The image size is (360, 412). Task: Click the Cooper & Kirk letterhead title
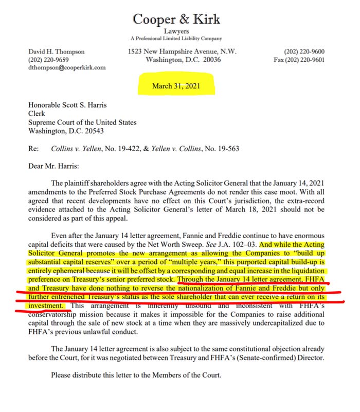click(x=176, y=20)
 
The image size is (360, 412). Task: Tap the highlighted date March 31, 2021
click(x=176, y=86)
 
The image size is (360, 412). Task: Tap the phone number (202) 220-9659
click(x=48, y=60)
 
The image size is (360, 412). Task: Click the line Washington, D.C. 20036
click(x=176, y=60)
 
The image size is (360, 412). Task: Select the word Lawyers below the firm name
click(x=176, y=31)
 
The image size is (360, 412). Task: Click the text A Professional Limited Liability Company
click(x=176, y=39)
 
